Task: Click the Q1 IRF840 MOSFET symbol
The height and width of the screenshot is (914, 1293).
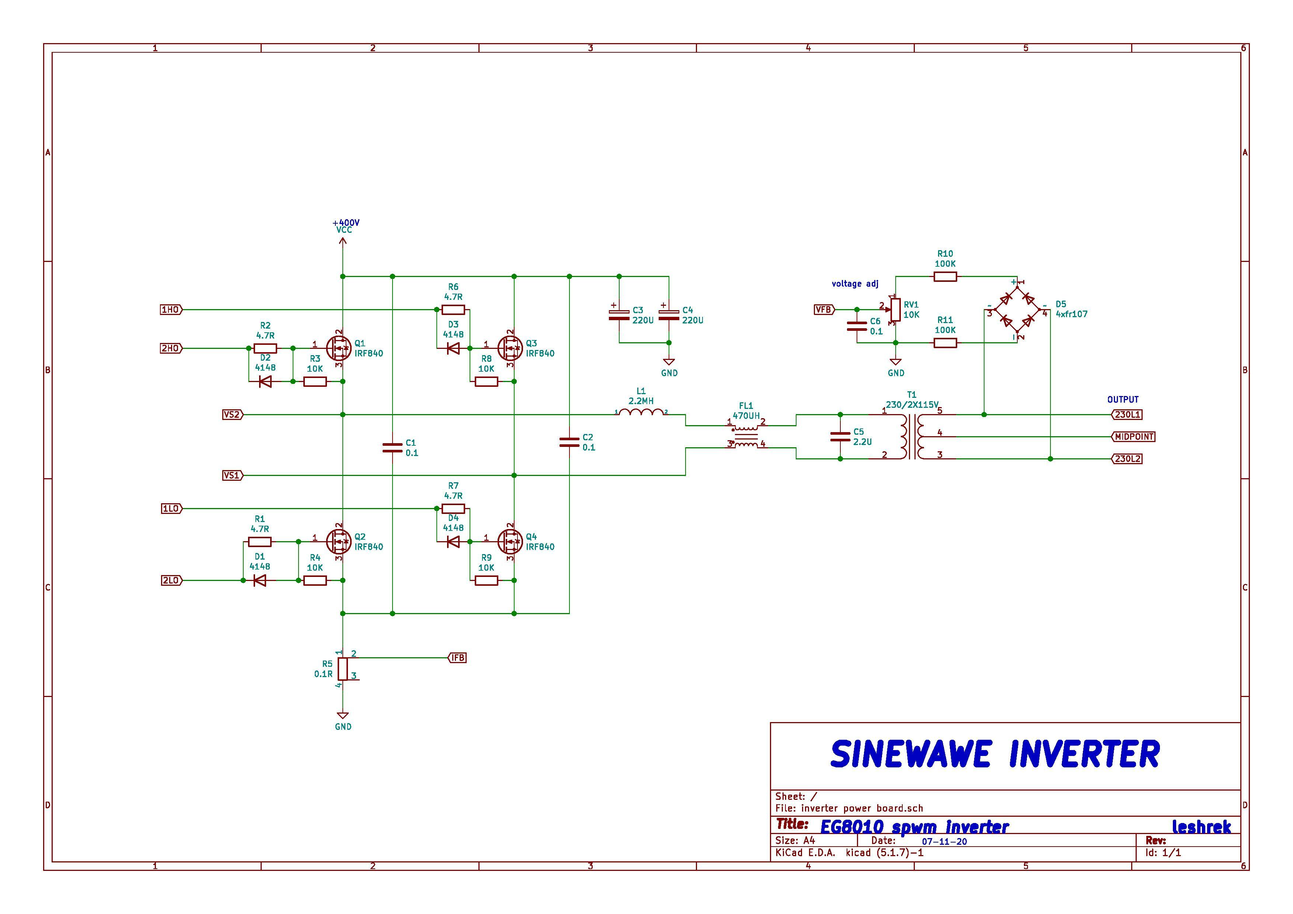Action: [338, 349]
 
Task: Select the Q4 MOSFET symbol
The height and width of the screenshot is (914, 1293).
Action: [510, 542]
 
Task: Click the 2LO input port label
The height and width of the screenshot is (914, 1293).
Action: [171, 580]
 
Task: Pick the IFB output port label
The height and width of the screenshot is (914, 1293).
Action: [458, 657]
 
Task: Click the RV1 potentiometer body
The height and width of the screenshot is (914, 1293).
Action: [895, 309]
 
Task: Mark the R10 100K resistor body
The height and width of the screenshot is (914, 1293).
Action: [945, 276]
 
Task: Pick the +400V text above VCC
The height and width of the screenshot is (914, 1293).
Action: [346, 223]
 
